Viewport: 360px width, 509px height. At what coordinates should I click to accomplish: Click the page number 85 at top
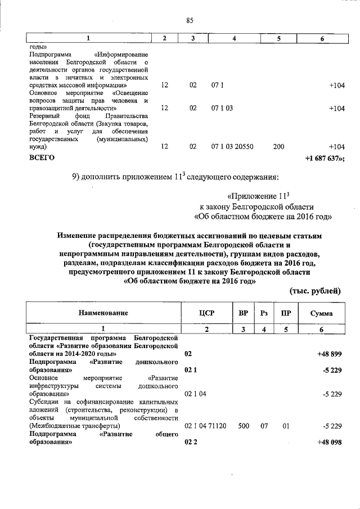tap(190, 21)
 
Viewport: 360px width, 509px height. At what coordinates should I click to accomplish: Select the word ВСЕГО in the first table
tap(42, 158)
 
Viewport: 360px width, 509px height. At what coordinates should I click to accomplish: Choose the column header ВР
tap(243, 313)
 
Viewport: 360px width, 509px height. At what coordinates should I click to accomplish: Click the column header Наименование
tap(103, 313)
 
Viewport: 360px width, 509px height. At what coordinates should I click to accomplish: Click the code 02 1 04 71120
tap(206, 426)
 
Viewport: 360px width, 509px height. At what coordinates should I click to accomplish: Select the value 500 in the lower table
tap(244, 426)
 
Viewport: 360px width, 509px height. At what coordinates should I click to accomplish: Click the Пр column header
tap(285, 313)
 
